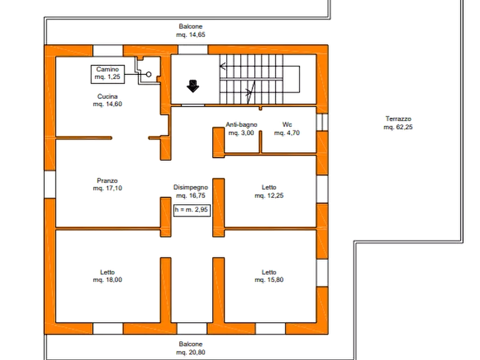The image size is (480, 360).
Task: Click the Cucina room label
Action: (x=108, y=96)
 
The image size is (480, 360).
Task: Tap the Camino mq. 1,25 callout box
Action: (x=108, y=74)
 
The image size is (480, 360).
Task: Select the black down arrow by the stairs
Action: (x=193, y=87)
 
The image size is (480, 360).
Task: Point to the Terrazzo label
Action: (x=398, y=119)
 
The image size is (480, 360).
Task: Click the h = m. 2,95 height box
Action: (x=192, y=210)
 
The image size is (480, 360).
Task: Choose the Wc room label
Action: (x=287, y=125)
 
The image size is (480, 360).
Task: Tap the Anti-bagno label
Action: (x=241, y=125)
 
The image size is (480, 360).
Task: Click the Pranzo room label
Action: (x=108, y=181)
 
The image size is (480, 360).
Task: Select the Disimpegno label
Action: (x=191, y=188)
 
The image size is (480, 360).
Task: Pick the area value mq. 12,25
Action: (x=269, y=196)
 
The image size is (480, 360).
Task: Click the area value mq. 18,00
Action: (x=108, y=280)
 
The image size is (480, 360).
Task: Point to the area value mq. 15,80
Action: (x=269, y=280)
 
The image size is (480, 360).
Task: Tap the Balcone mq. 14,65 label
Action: (x=191, y=31)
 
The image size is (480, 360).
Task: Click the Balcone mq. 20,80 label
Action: (x=191, y=348)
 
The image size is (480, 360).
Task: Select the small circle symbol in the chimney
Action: (x=149, y=74)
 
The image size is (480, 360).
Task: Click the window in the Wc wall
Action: (x=322, y=122)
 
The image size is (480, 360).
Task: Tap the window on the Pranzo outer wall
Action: (x=50, y=184)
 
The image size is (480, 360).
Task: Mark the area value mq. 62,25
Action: (x=398, y=127)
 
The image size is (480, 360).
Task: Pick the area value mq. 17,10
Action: (x=108, y=188)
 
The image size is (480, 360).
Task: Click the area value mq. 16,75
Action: (x=191, y=196)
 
